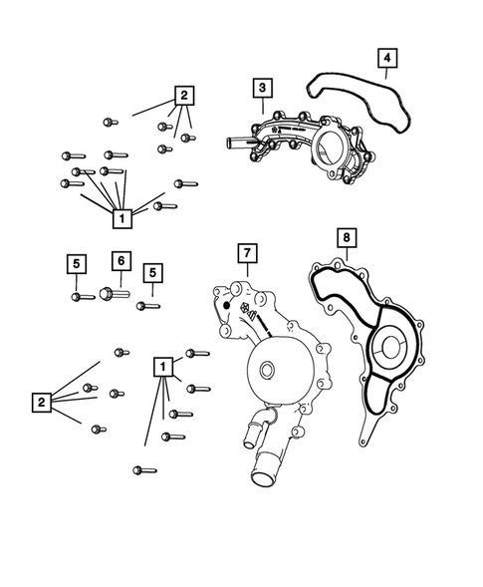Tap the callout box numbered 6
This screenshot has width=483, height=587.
119,260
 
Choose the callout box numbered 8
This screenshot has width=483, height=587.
344,237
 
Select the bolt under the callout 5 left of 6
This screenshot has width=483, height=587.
77,296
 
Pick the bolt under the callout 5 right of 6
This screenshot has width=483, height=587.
145,305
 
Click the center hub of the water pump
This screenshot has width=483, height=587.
266,373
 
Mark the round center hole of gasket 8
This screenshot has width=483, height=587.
385,349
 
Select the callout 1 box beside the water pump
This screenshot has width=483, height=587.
160,367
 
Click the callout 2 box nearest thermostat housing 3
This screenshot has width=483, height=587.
183,96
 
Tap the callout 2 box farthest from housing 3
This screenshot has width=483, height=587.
41,402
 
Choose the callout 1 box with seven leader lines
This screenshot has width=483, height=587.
121,216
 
